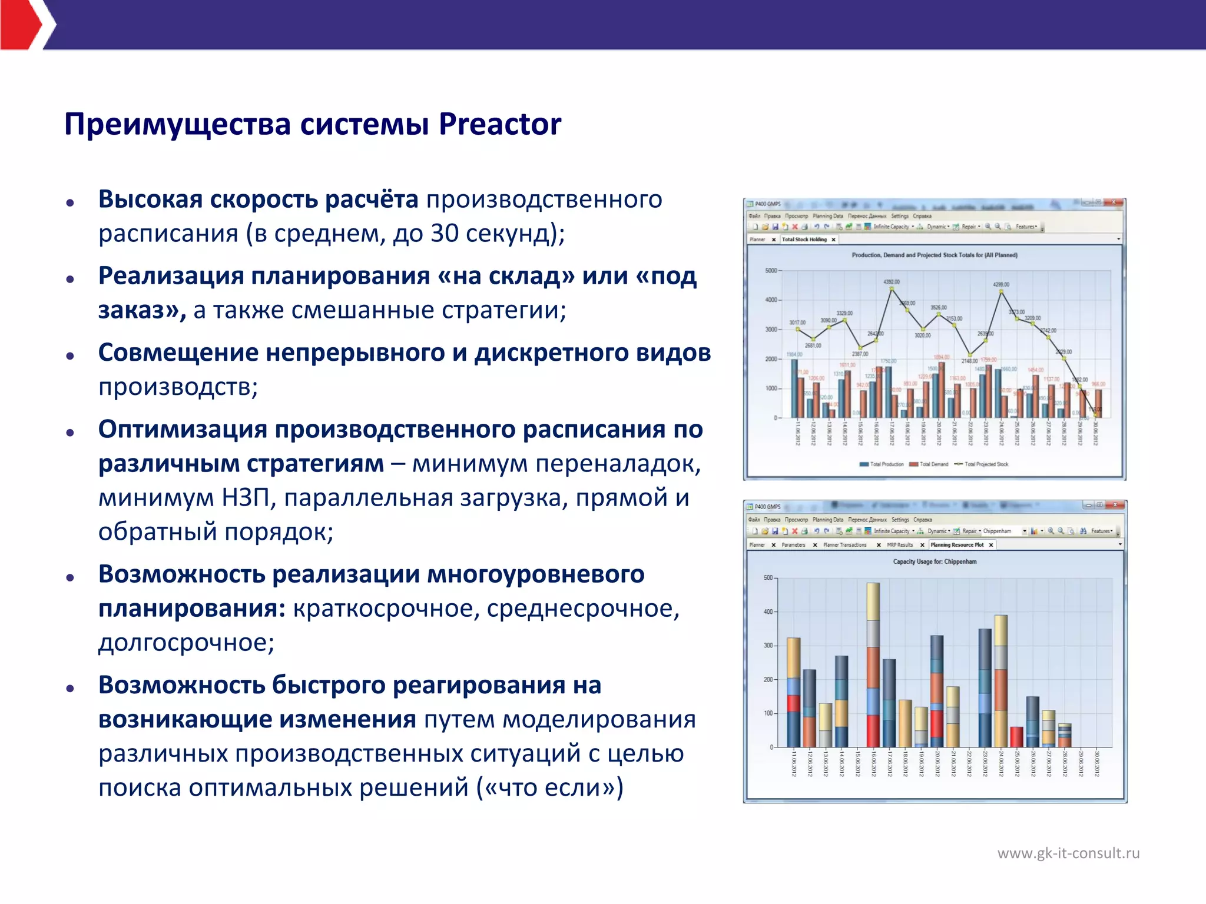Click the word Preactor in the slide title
499,124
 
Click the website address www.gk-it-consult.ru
1068,853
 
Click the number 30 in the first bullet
445,234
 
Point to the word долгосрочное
186,643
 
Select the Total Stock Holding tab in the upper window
804,240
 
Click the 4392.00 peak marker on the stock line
892,288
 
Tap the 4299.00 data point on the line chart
1001,291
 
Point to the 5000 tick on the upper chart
771,271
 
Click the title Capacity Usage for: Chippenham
935,561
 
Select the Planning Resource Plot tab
957,545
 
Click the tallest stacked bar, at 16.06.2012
873,665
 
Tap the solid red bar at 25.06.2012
1016,737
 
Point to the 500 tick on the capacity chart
768,578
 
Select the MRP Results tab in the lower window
900,545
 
